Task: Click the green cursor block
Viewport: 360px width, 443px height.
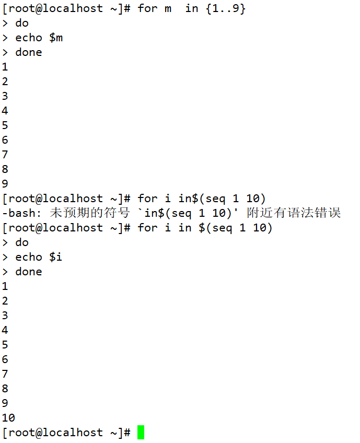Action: coord(141,433)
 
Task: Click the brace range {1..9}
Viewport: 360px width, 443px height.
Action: coord(226,8)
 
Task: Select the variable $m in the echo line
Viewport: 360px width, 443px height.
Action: coord(56,38)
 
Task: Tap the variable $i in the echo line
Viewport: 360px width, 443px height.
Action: coord(56,257)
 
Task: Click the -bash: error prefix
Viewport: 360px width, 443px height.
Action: coord(22,213)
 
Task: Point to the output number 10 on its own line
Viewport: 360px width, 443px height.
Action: coord(8,418)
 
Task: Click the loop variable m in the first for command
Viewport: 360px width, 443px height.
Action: coord(167,8)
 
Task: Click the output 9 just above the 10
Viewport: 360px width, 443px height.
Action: coord(5,403)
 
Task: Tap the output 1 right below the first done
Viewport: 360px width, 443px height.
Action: coord(5,67)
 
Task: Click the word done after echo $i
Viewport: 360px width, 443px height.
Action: coord(29,272)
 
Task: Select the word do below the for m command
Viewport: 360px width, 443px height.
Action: coord(22,23)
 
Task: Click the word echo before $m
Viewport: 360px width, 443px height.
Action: coord(29,38)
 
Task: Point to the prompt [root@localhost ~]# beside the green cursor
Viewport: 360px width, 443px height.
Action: coord(66,433)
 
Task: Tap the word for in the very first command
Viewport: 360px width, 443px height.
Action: coord(147,8)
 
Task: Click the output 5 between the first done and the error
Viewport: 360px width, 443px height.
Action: coord(5,125)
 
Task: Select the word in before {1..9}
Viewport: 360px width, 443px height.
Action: coord(192,8)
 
